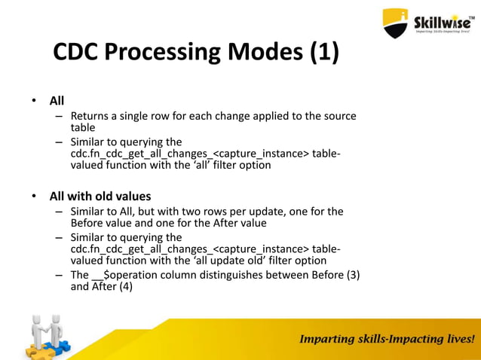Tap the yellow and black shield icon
[x=396, y=23]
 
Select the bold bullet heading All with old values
[x=100, y=197]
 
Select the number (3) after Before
[x=351, y=275]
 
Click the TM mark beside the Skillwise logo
[x=472, y=14]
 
